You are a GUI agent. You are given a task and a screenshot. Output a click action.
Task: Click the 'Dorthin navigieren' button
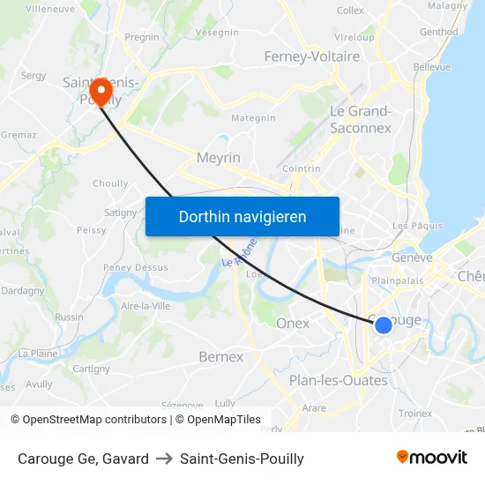242,216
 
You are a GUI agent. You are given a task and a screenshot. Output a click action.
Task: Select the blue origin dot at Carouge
384,325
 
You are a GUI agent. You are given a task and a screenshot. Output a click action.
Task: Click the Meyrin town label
220,157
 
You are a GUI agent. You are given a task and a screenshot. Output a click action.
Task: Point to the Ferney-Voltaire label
312,56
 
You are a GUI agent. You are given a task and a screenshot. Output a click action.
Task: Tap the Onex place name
293,324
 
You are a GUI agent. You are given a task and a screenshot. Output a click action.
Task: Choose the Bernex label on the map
220,357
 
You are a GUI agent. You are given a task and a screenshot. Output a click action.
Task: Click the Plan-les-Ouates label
339,380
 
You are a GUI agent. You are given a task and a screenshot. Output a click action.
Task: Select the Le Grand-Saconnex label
360,119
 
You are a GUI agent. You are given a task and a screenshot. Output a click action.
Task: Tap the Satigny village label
121,213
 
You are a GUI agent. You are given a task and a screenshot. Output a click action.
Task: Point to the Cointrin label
302,168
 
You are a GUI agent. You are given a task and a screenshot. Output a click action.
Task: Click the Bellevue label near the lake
431,67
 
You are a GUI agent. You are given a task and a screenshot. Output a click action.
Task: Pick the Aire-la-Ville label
145,306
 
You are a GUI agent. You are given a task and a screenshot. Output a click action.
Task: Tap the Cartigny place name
91,369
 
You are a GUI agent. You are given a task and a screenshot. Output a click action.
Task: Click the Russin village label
69,317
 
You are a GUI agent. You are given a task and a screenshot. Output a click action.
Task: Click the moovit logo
431,457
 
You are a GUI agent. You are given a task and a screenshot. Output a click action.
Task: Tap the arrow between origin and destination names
164,459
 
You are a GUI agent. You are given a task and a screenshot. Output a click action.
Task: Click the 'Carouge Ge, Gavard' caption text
83,459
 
